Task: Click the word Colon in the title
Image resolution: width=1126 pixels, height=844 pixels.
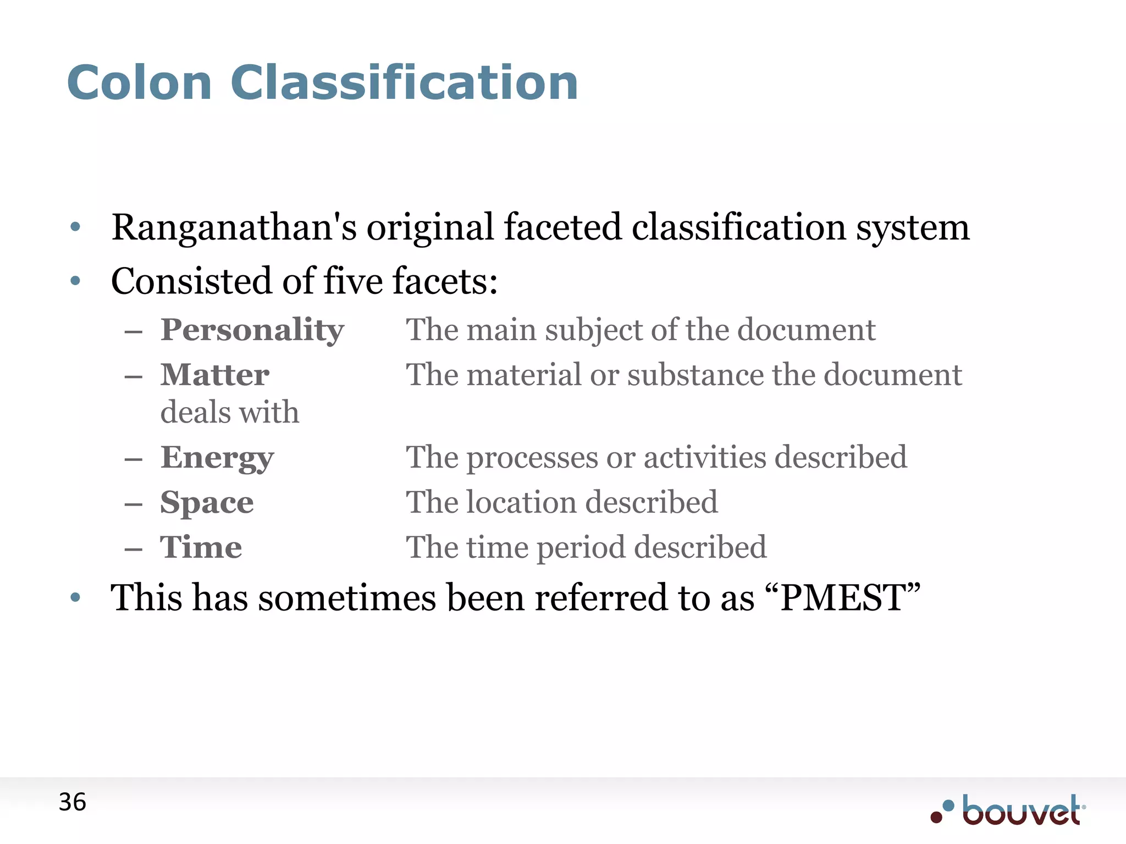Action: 140,83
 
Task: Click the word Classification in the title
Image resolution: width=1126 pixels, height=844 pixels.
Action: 404,83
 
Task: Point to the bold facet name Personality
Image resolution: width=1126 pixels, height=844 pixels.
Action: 252,331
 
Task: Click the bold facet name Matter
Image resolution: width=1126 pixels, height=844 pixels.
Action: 214,375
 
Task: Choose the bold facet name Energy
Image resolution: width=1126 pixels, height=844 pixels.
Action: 217,458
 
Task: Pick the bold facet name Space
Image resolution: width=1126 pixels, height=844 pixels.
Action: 207,503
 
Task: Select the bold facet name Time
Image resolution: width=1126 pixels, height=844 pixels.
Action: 201,548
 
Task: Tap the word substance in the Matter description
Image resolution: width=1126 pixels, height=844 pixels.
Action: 695,375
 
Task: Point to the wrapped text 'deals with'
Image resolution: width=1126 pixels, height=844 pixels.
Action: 229,413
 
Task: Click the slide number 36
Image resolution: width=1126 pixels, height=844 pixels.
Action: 72,802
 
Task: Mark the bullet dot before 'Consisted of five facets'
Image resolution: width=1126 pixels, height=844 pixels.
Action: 76,282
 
